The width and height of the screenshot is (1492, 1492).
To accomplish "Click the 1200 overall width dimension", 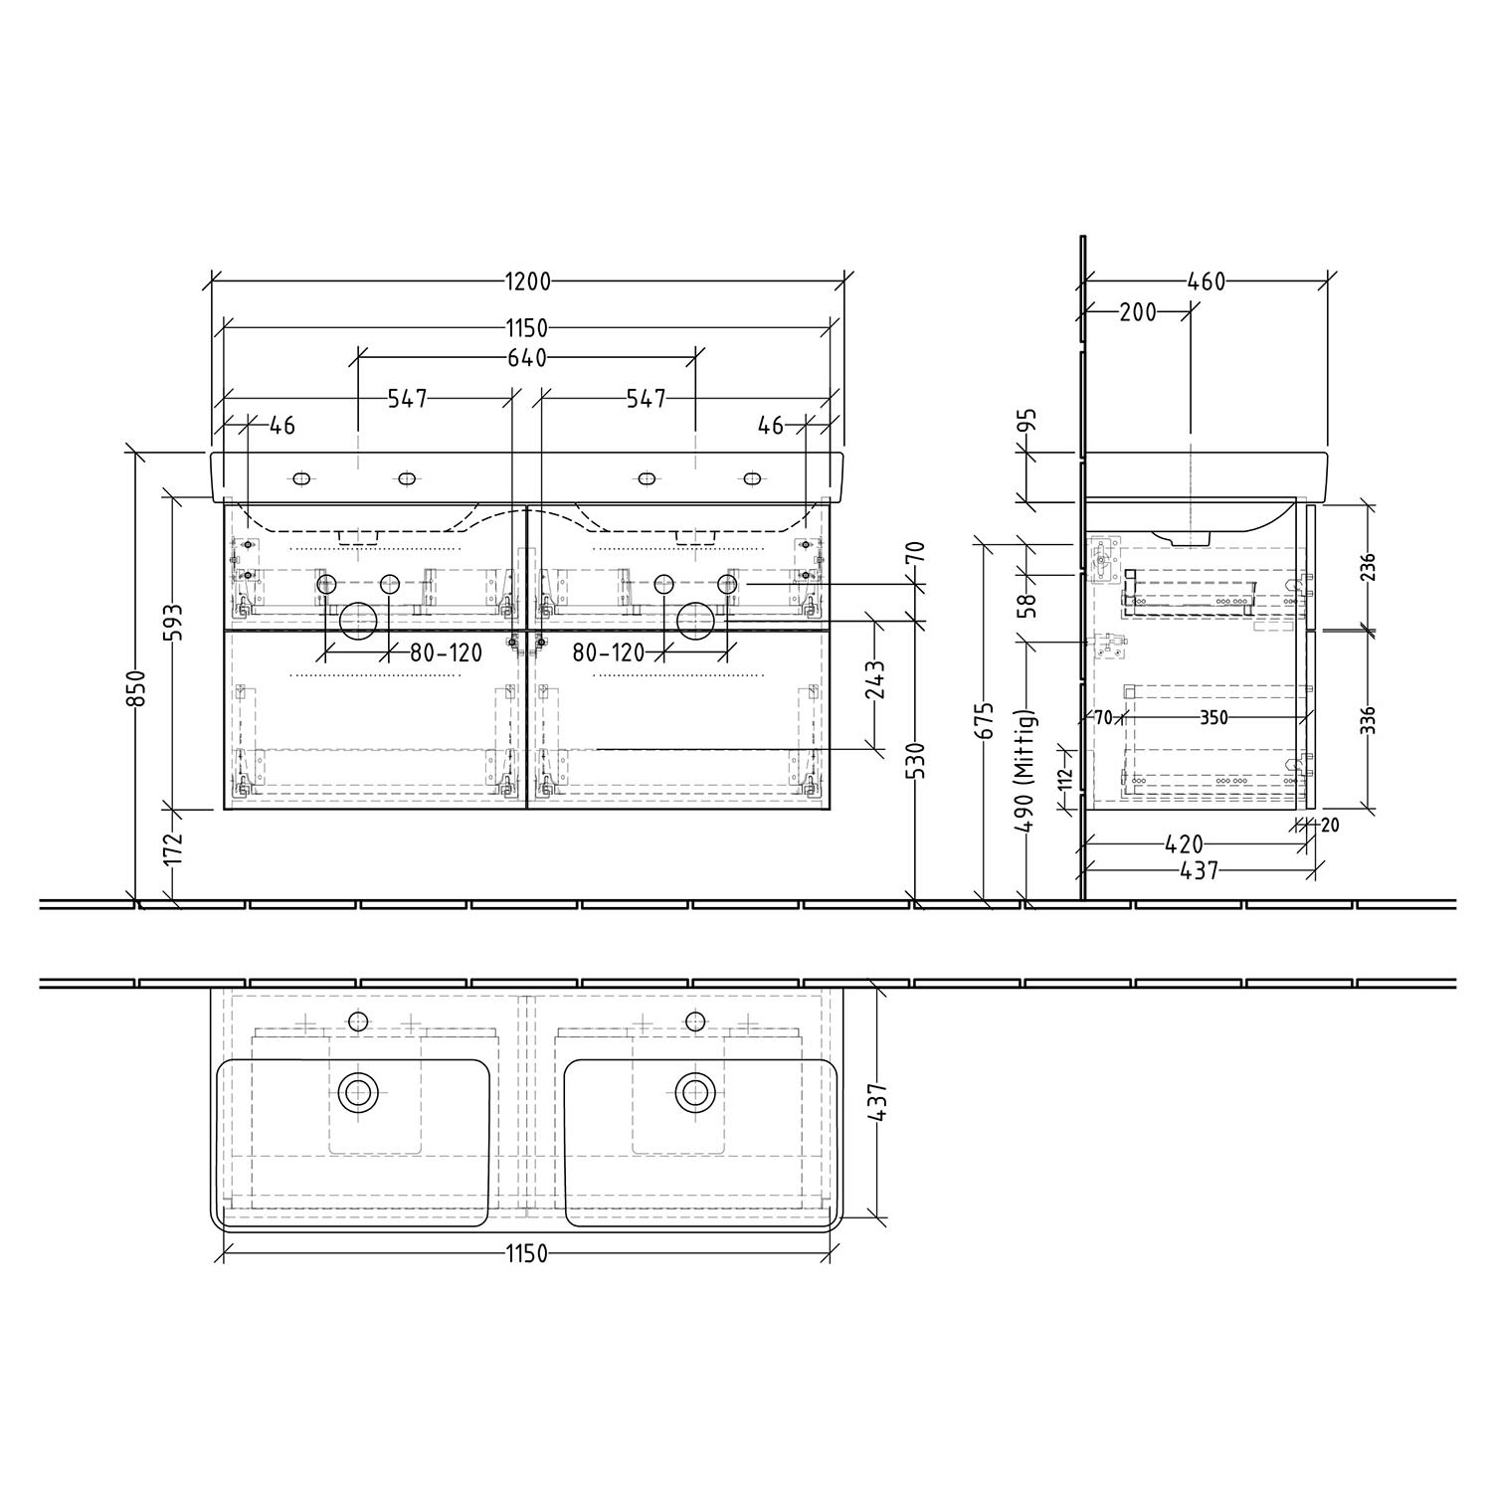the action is [527, 281].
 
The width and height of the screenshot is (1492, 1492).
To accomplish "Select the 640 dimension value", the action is [527, 358].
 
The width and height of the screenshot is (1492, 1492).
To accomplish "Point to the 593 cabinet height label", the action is [172, 624].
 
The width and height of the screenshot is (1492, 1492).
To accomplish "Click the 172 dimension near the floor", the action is [172, 848].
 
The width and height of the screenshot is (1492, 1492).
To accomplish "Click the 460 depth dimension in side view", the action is [1207, 281].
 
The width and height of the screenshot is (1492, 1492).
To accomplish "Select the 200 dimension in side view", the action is [1138, 312].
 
